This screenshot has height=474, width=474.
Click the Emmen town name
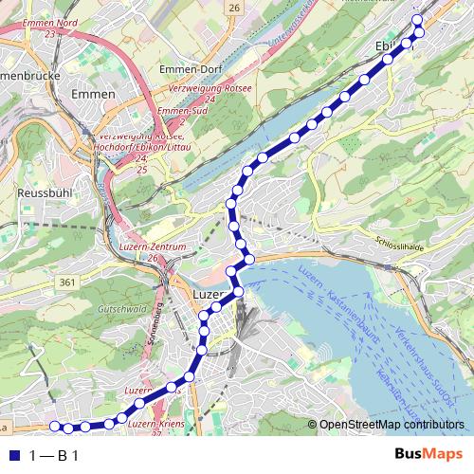tap(92, 95)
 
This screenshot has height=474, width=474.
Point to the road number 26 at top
tap(234, 9)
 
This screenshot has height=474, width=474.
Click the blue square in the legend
tap(13, 456)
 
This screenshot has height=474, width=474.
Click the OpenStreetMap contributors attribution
tap(391, 425)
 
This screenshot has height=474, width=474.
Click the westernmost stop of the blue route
tap(54, 426)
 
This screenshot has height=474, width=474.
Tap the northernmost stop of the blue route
tap(417, 17)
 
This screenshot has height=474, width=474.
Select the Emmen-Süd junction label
tap(173, 113)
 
